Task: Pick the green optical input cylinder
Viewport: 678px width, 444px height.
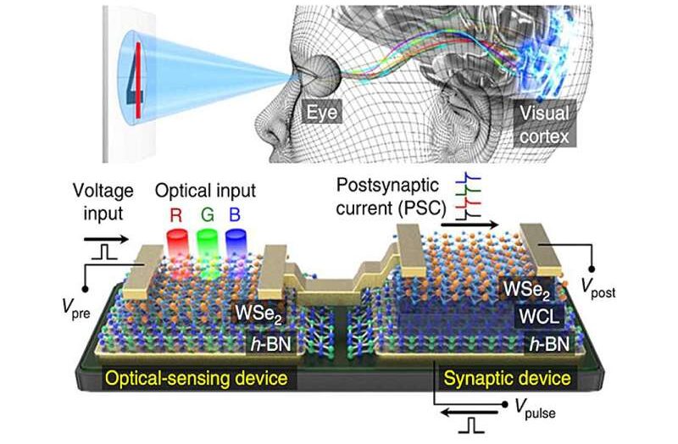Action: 208,251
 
